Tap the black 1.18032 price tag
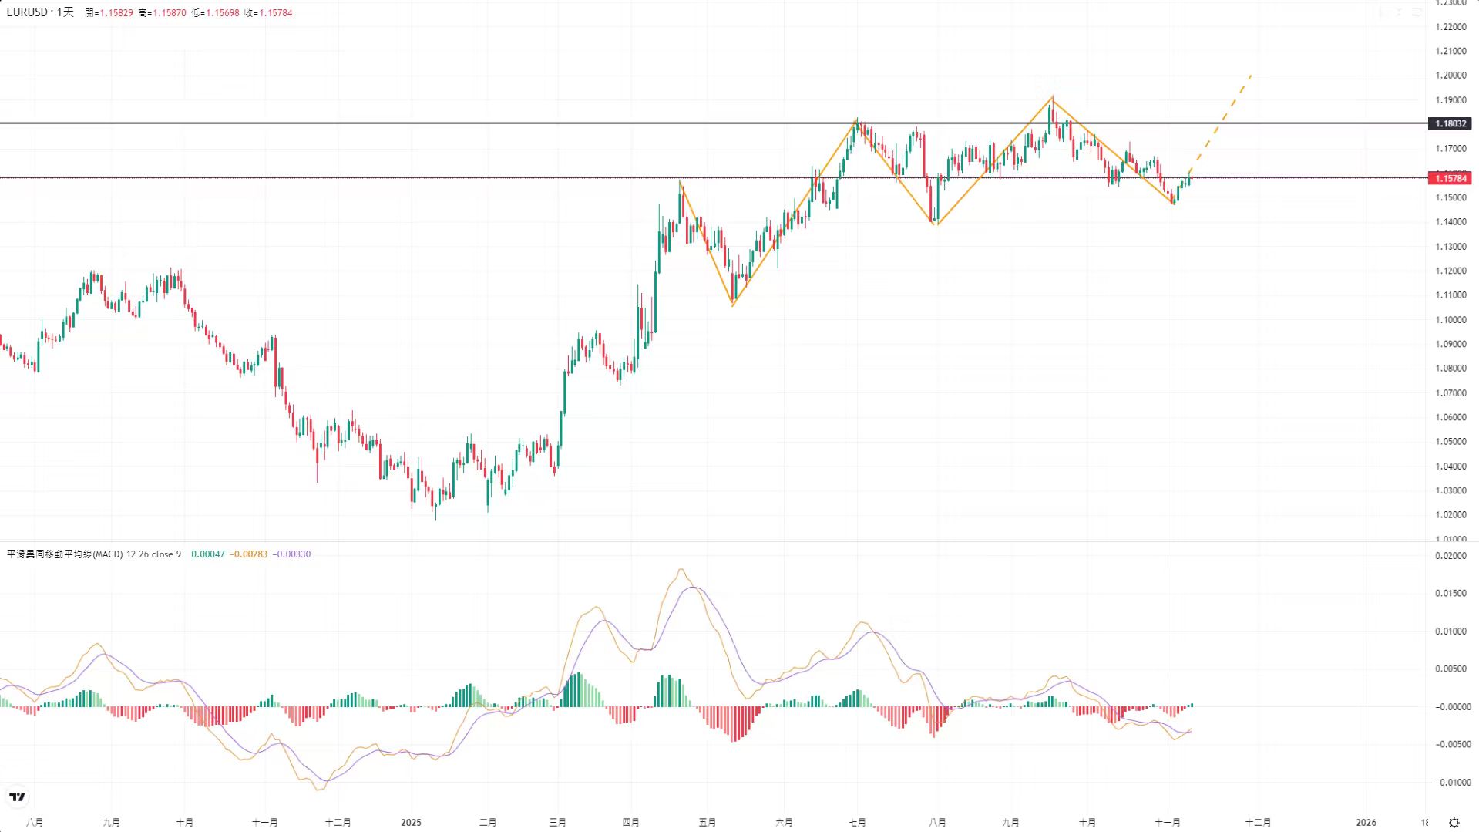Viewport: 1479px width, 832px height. [1450, 123]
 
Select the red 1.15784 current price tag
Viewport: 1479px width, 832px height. [1450, 178]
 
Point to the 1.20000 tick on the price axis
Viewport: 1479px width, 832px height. [1450, 76]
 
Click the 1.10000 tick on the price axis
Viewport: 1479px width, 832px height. [1450, 319]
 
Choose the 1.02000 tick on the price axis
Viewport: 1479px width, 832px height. [1450, 514]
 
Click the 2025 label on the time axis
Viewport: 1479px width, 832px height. [411, 822]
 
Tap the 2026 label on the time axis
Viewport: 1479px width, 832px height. [1366, 822]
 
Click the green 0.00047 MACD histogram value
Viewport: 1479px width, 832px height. [208, 554]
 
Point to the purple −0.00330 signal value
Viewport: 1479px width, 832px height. [292, 554]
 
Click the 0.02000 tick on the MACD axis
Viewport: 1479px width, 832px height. [1451, 556]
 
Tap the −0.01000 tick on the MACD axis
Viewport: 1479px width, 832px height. [1451, 782]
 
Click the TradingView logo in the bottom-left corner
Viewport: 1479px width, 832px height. [17, 797]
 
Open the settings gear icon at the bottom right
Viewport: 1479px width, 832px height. [1454, 822]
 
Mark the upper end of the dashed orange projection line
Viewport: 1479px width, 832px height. [1251, 75]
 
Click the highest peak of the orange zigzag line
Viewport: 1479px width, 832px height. [1052, 98]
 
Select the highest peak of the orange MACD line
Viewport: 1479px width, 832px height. [681, 569]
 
